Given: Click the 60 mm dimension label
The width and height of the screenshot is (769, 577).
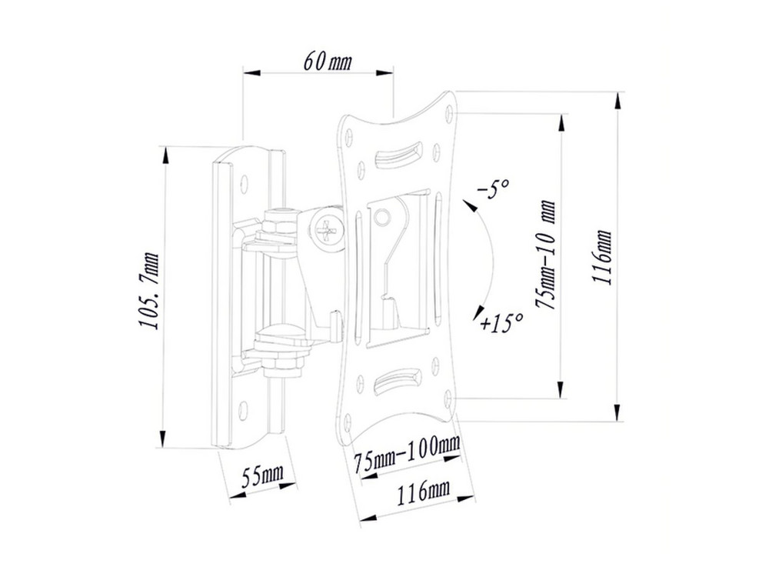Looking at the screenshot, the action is point(327,62).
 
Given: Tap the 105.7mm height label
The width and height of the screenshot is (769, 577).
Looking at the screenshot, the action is point(149,291).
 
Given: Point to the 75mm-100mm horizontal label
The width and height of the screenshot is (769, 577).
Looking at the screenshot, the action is point(407,454).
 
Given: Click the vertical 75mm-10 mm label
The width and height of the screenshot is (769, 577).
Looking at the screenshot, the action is point(547,254).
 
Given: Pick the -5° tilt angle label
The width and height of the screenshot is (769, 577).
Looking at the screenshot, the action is point(494,188).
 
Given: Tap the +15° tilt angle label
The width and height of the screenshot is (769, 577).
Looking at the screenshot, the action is point(501,322).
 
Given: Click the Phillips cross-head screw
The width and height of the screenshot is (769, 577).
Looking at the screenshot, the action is point(327,229).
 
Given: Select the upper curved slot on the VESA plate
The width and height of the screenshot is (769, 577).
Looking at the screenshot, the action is point(398,154).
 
